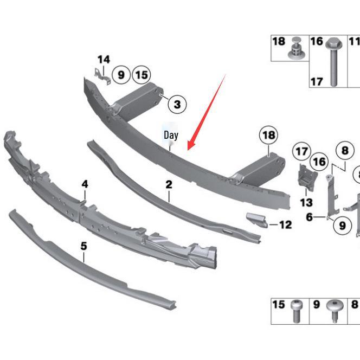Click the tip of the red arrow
click(188, 149)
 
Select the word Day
click(171, 134)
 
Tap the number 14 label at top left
click(104, 60)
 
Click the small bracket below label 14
click(103, 76)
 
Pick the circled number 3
click(177, 104)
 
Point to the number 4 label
click(85, 184)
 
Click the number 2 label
click(169, 184)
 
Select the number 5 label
click(83, 246)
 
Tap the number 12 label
click(286, 224)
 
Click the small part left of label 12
click(258, 220)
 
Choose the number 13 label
click(306, 202)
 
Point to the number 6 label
click(309, 217)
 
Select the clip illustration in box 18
click(295, 49)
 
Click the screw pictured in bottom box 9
click(332, 310)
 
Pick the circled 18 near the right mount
click(268, 135)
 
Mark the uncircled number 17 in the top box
click(317, 81)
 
